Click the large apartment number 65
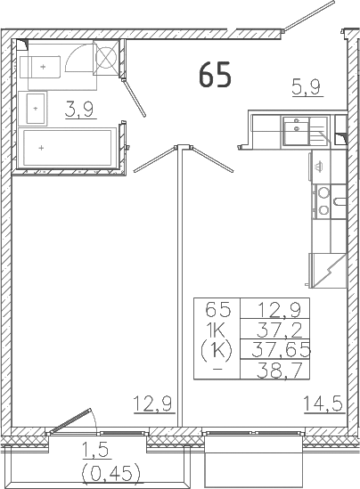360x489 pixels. [x=215, y=76]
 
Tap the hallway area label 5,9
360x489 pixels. [x=307, y=87]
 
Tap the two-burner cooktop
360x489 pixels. [x=324, y=201]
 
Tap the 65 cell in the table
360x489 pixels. [x=217, y=311]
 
